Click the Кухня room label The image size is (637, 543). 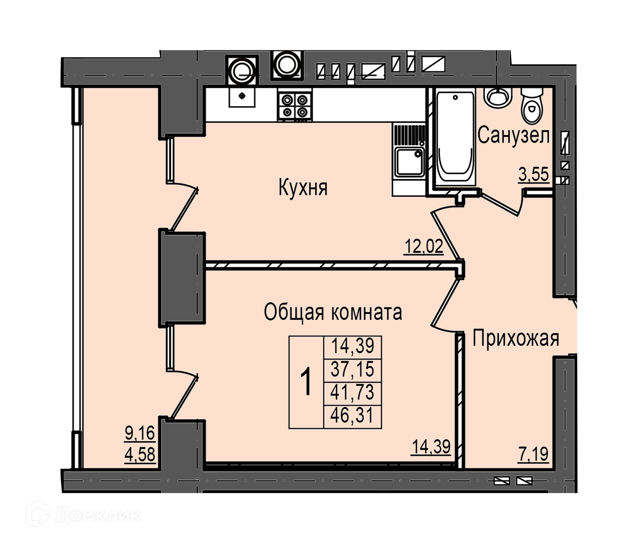point(303,188)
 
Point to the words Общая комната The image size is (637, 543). point(333,312)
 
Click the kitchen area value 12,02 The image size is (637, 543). point(423,246)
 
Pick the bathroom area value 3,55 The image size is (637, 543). point(534,174)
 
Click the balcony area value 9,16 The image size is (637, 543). point(140,433)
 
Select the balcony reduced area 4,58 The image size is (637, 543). point(140,454)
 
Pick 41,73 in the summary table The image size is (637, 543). point(352,392)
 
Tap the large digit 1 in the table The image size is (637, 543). point(306,382)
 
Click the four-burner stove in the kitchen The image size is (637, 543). point(295,106)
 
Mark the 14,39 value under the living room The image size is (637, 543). point(431,446)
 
